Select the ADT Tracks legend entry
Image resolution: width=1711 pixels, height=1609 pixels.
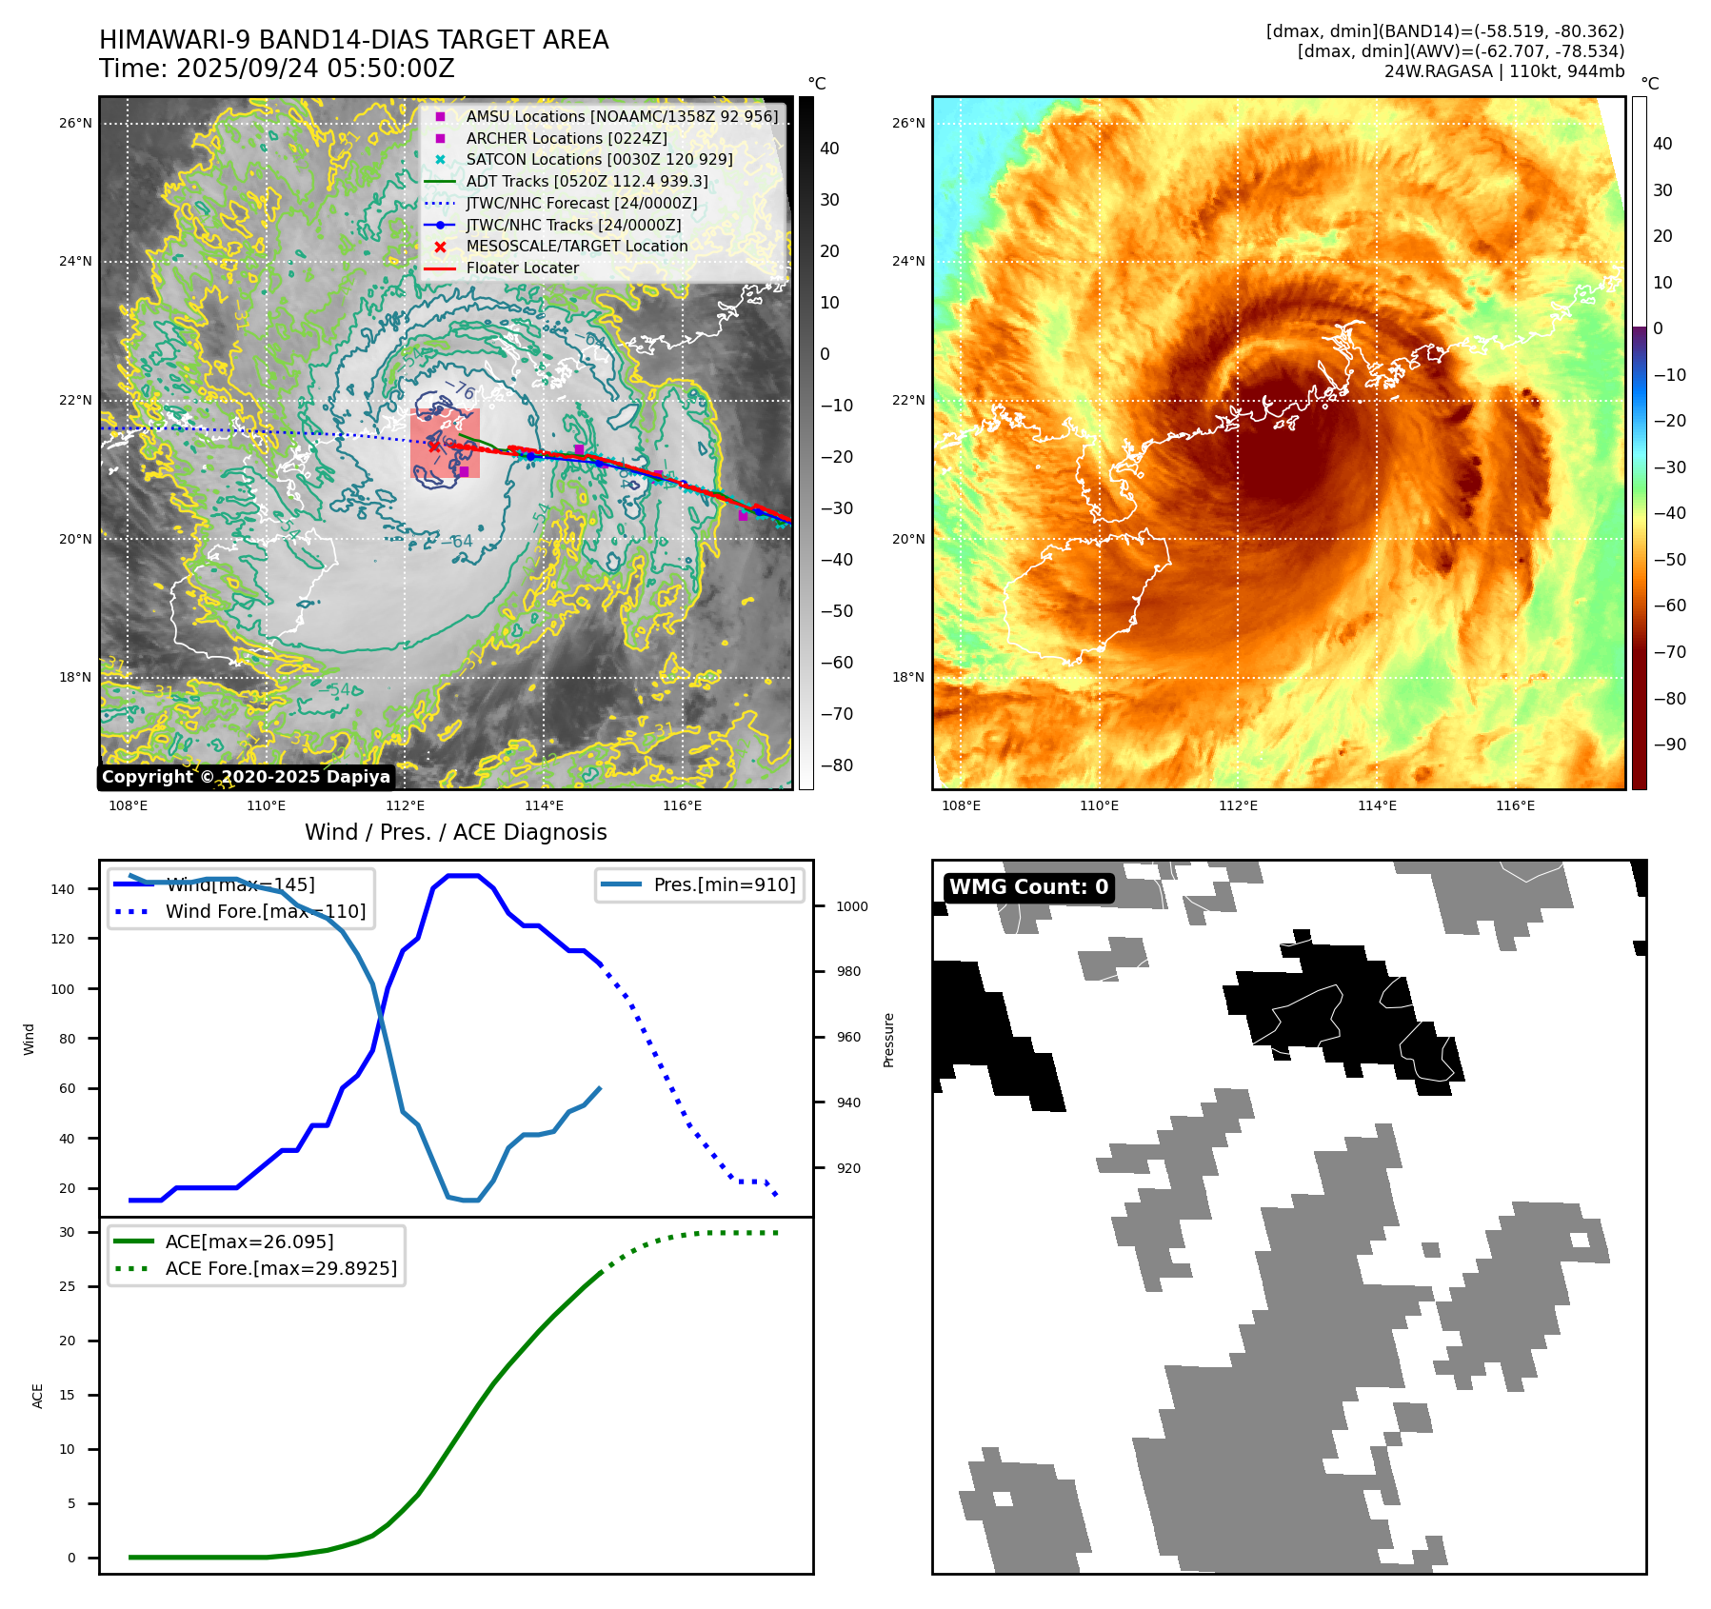(587, 181)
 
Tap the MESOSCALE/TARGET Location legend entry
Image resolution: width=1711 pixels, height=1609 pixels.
(576, 246)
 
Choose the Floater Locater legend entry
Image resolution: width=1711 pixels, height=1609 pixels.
(522, 268)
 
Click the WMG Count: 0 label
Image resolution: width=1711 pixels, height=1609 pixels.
(1028, 886)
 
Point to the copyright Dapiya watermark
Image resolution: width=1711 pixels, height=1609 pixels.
(246, 777)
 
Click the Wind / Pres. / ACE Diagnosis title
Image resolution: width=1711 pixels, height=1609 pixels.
(455, 832)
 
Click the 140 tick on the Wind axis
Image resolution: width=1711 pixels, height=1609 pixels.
(63, 889)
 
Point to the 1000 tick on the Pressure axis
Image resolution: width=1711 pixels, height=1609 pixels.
(851, 906)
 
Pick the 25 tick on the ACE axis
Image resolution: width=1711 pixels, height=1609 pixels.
(67, 1286)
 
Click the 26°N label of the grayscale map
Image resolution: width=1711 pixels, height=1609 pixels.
(76, 123)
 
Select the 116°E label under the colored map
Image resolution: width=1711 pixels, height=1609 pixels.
(1515, 805)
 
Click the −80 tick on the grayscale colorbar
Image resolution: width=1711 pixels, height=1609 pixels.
(837, 765)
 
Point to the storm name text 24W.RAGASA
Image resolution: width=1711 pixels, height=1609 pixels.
(1438, 71)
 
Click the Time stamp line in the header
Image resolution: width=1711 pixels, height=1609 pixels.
(276, 69)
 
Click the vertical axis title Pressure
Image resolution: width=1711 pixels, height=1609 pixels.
(888, 1039)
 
